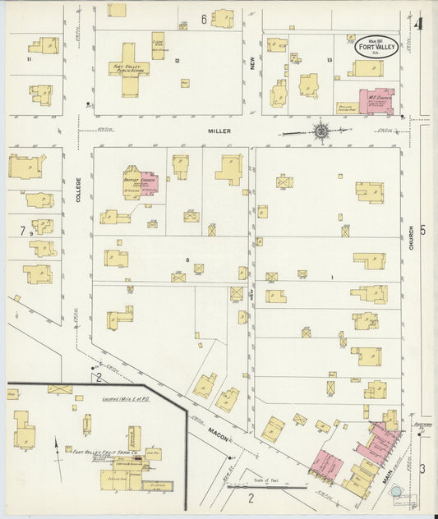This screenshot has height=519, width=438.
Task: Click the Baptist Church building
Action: click(140, 184)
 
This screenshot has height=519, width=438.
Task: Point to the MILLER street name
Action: click(219, 131)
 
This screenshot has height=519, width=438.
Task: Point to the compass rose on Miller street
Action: click(320, 130)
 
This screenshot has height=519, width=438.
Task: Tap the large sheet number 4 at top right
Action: click(419, 24)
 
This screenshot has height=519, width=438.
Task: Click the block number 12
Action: click(176, 61)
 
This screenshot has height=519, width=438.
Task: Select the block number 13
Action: click(329, 60)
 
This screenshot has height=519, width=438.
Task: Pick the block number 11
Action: click(28, 59)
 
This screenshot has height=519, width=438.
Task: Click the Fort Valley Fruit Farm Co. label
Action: click(104, 452)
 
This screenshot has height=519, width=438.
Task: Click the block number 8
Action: click(187, 260)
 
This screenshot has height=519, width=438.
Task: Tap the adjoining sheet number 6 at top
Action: click(203, 18)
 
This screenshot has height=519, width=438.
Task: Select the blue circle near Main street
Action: click(397, 491)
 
